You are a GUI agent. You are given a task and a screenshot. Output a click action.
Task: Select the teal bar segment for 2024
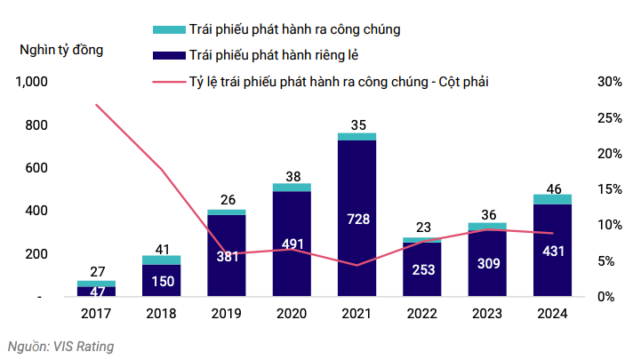[551, 199]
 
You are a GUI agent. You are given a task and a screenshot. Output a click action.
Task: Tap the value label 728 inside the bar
[357, 219]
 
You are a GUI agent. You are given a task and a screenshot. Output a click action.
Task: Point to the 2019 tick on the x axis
[226, 313]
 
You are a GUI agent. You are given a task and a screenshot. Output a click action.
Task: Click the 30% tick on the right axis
[609, 82]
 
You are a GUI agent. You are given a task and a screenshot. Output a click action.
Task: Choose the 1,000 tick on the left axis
[31, 82]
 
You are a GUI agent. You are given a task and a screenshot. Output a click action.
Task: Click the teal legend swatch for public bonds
[167, 29]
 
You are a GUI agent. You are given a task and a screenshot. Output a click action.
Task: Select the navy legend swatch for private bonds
[167, 55]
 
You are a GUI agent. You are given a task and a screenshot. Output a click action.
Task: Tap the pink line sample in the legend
[167, 81]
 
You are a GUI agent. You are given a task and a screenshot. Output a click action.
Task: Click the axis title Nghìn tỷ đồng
[61, 49]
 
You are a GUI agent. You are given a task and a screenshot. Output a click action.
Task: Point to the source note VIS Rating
[60, 345]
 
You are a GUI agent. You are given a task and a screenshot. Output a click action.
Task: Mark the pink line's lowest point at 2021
[357, 265]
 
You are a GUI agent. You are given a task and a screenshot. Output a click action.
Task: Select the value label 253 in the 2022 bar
[422, 269]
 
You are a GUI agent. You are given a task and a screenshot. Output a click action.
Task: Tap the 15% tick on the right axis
[609, 189]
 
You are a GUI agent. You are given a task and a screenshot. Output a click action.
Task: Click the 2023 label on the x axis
[486, 313]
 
